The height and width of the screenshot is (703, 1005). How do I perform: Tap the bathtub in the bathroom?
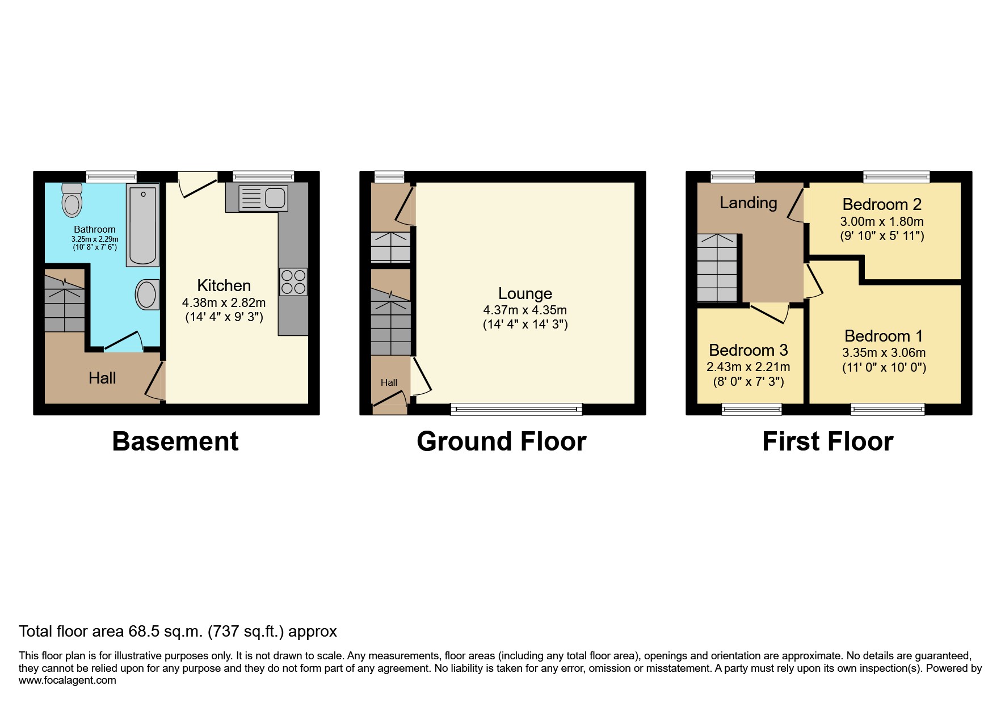(x=142, y=225)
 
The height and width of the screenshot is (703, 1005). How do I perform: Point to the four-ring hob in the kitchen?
(x=293, y=282)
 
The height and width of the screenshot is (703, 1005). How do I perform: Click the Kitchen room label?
(x=224, y=285)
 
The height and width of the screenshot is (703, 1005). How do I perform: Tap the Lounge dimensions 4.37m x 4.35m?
(x=525, y=310)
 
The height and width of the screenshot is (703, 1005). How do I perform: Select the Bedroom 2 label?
(x=881, y=204)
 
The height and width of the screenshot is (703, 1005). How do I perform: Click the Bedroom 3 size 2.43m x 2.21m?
(x=748, y=367)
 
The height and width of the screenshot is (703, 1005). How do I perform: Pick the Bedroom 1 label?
(x=884, y=336)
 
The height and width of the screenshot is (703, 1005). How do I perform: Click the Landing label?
(x=748, y=203)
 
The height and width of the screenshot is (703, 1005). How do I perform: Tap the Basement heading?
(x=175, y=441)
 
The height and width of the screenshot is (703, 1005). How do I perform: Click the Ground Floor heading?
(x=501, y=441)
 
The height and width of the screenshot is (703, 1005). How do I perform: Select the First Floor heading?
(x=827, y=441)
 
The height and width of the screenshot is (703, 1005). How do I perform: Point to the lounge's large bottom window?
(x=516, y=409)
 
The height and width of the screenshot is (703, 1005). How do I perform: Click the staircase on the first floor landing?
(x=717, y=268)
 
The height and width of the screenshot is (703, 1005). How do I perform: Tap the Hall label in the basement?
(x=102, y=378)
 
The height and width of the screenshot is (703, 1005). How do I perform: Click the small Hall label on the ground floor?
(x=389, y=382)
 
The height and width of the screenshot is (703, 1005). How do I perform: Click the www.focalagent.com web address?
(x=67, y=680)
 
